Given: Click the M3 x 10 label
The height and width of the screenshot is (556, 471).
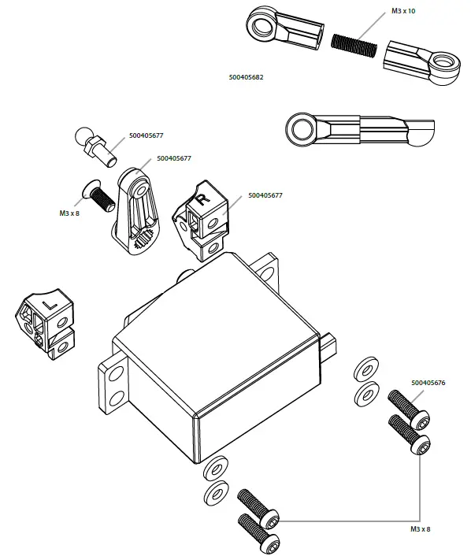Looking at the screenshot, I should tap(404, 13).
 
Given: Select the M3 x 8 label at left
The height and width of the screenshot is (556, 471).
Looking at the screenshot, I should tap(70, 213).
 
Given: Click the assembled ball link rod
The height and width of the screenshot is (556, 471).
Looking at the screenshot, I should tap(359, 128).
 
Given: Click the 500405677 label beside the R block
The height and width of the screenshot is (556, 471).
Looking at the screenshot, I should tap(265, 195).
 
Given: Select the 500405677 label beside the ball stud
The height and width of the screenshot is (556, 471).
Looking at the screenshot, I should tap(146, 135).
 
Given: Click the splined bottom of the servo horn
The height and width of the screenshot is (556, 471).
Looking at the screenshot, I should tap(142, 239).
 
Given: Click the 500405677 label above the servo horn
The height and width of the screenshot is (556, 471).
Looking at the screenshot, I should tap(174, 158).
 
